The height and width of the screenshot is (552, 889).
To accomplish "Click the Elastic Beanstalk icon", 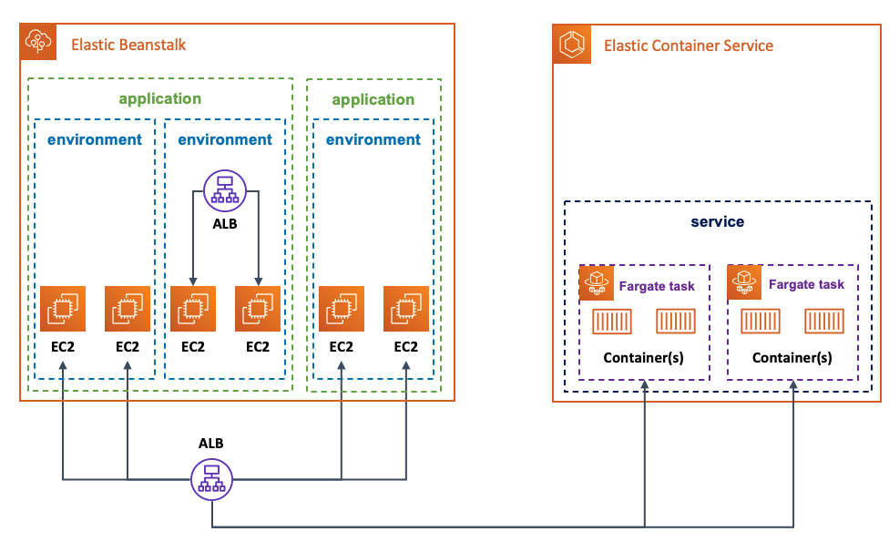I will [37, 41].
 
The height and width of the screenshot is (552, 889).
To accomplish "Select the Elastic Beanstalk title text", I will [128, 45].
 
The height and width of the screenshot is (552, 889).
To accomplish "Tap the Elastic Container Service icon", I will [570, 44].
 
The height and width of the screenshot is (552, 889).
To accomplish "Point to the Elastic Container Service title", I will [689, 46].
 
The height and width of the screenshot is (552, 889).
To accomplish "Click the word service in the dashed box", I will [717, 221].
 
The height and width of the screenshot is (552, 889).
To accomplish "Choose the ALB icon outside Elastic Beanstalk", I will [211, 477].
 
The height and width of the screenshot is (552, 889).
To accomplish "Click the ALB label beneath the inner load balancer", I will [224, 223].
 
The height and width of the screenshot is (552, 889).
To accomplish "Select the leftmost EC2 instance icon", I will [62, 309].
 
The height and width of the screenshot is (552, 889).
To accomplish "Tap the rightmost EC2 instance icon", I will [406, 309].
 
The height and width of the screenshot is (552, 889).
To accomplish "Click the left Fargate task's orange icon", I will [597, 282].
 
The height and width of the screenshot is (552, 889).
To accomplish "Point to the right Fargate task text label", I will [806, 284].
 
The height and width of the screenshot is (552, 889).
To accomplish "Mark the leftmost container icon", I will [611, 322].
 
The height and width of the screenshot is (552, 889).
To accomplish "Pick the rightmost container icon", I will [824, 322].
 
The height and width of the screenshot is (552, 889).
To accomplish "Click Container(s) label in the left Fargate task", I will [643, 358].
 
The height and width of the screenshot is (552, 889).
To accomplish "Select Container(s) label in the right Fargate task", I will [792, 358].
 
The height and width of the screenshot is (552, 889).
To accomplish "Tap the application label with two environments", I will [160, 98].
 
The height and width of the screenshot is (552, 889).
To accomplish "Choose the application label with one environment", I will [373, 99].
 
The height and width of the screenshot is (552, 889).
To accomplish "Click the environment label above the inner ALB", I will [224, 139].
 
